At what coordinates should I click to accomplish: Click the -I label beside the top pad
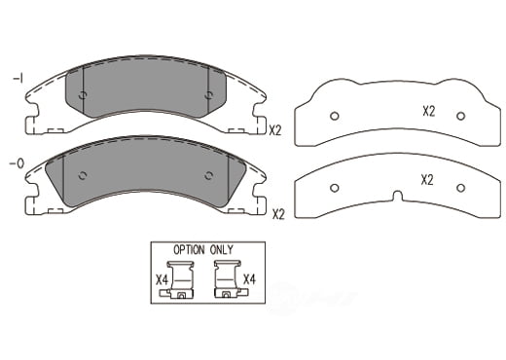coord(18,79)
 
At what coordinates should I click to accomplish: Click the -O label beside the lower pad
coord(17,163)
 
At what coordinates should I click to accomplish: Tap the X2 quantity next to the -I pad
coord(275,130)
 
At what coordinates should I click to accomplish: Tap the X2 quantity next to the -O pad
coord(278,214)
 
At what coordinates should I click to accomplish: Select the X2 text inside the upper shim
coord(428,112)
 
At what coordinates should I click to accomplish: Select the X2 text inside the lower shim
coord(427,180)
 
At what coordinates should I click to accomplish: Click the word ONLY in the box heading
coord(222,250)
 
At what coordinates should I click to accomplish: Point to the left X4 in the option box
coord(162,280)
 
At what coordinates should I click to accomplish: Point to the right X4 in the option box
coord(249,279)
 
